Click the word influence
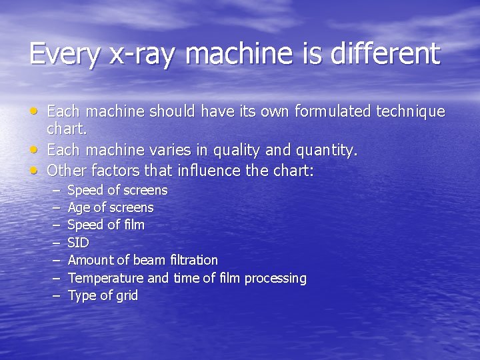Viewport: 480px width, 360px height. tap(211, 171)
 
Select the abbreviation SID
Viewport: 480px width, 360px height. tap(78, 243)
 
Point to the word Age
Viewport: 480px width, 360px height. tap(79, 208)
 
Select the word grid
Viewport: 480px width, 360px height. tap(126, 295)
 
